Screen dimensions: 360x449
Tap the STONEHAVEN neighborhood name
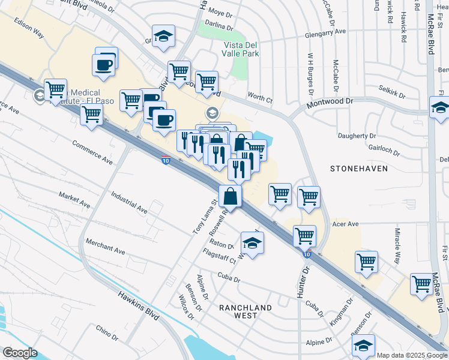pos(359,169)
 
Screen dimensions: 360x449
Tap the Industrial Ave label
pos(129,203)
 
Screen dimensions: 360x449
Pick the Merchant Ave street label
pos(105,247)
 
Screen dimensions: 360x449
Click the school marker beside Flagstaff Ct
pos(253,244)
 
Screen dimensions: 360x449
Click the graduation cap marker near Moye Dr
pos(163,37)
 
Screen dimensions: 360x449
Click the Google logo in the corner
pos(20,353)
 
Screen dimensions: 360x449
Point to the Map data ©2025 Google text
pos(412,355)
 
